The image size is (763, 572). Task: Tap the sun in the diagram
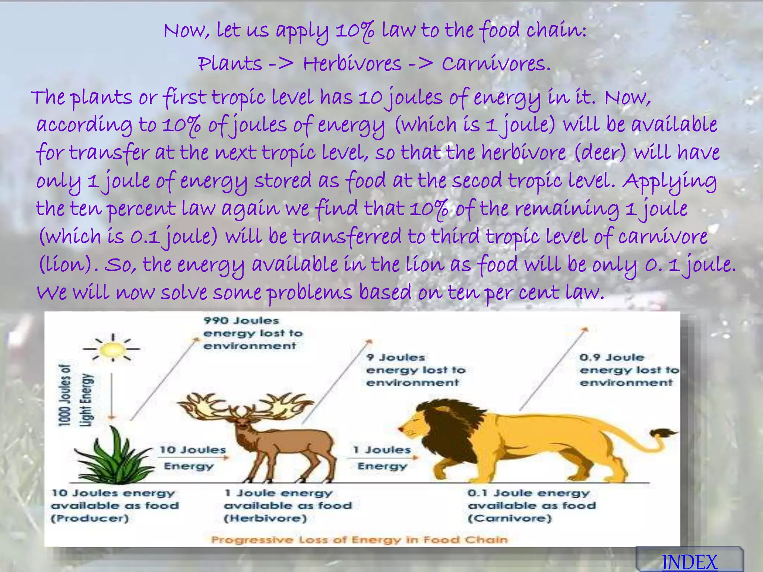(112, 349)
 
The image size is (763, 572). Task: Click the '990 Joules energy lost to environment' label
(253, 333)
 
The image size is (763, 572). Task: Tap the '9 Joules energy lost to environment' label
(415, 370)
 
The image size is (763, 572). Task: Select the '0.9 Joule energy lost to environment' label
(629, 370)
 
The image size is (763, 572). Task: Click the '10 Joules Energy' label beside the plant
(192, 458)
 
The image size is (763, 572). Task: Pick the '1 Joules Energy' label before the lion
(382, 458)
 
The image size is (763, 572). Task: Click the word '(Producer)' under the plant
(90, 518)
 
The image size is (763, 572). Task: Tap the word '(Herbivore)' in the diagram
(265, 518)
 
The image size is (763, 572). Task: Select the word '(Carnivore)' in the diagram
(510, 518)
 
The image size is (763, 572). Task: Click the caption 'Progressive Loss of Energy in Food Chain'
(359, 540)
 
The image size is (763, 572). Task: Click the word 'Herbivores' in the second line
(352, 64)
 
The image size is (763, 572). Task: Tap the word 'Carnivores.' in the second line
(496, 64)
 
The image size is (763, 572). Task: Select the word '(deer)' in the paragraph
(600, 153)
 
